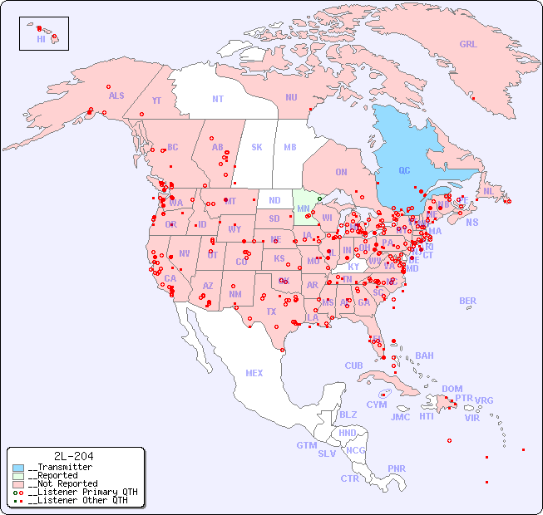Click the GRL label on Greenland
[x=468, y=45]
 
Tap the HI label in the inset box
[x=41, y=39]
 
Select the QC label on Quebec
[x=404, y=171]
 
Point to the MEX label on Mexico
[x=254, y=373]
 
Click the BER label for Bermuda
[x=467, y=301]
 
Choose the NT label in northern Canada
[x=217, y=99]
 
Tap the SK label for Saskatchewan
[x=257, y=147]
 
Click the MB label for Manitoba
[x=289, y=147]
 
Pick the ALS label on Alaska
[x=116, y=96]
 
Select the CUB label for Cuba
[x=353, y=365]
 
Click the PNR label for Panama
[x=397, y=468]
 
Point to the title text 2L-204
[x=73, y=456]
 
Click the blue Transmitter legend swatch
[x=18, y=468]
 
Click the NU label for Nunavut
[x=291, y=97]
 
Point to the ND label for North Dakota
[x=274, y=200]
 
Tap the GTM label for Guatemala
[x=306, y=445]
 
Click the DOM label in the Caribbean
[x=452, y=389]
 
